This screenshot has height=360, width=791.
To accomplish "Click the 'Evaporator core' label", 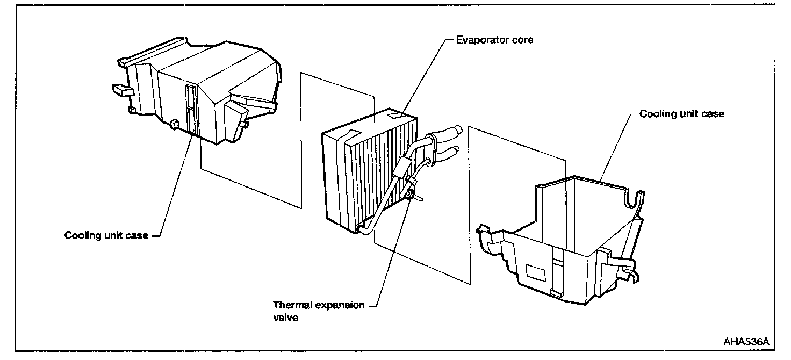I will (494, 40).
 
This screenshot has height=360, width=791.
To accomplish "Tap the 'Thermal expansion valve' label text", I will (319, 311).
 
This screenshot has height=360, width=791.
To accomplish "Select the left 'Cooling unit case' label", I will (106, 235).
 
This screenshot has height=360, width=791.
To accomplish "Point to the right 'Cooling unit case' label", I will (681, 114).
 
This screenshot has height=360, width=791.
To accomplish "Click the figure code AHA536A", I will (746, 342).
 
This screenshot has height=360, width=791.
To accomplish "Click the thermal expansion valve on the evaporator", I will (411, 191).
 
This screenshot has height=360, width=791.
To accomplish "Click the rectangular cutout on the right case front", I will (537, 273).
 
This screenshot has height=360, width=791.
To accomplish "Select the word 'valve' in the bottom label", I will (285, 318).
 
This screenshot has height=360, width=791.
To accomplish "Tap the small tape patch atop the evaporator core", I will (399, 113).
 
